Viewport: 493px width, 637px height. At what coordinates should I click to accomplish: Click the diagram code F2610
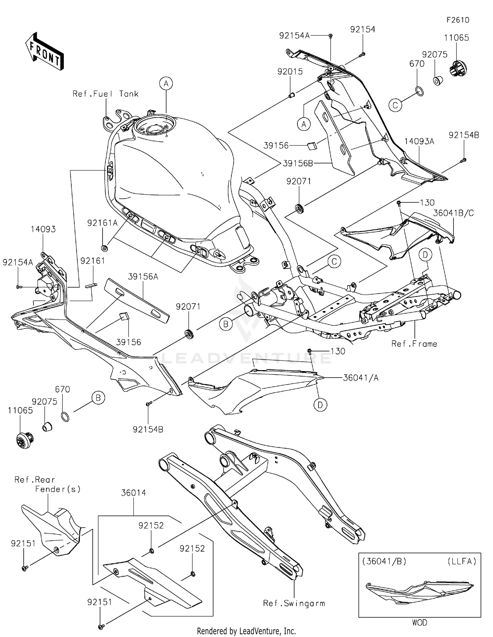[458, 20]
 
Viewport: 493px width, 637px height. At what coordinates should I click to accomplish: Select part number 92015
[290, 72]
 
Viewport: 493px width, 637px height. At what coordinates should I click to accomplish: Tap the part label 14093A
[419, 142]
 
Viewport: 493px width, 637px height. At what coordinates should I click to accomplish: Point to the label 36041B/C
[453, 213]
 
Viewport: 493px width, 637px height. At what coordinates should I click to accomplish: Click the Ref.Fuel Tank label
[106, 94]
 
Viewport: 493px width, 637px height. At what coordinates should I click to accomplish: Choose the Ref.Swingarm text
[294, 603]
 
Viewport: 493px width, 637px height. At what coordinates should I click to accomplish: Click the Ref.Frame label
[414, 344]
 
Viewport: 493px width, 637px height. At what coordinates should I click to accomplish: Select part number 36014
[133, 493]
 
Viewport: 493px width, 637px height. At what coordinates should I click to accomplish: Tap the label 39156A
[143, 277]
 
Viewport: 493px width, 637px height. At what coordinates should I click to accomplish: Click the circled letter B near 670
[98, 398]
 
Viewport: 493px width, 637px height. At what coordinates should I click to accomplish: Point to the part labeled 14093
[43, 229]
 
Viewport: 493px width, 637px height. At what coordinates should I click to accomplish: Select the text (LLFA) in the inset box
[462, 561]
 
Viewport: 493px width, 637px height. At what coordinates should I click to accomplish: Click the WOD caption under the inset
[419, 623]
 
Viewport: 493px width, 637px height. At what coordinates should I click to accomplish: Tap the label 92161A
[102, 223]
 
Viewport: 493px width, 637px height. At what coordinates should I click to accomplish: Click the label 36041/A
[361, 378]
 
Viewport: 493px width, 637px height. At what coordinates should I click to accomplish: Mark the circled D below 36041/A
[320, 405]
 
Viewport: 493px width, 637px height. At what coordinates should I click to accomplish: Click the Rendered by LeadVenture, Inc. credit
[246, 631]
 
